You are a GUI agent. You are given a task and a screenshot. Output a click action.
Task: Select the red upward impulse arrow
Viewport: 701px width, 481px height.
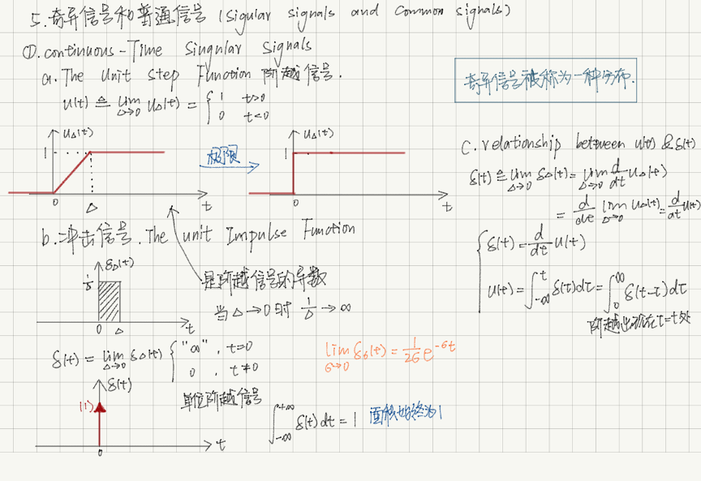(x=101, y=420)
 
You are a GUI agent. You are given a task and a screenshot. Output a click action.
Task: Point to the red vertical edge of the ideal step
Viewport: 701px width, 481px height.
(x=293, y=173)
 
